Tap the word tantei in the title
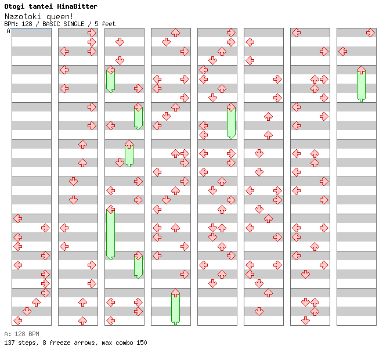click(x=42, y=6)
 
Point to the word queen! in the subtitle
click(x=57, y=16)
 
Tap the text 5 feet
click(x=104, y=24)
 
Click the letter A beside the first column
click(x=8, y=31)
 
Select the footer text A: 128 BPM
click(x=21, y=334)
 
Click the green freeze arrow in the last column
click(x=361, y=84)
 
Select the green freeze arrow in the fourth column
click(x=175, y=307)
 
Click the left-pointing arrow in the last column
click(x=342, y=51)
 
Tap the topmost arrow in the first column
click(x=17, y=218)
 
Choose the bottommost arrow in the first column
click(x=17, y=321)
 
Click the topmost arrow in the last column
click(x=370, y=33)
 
